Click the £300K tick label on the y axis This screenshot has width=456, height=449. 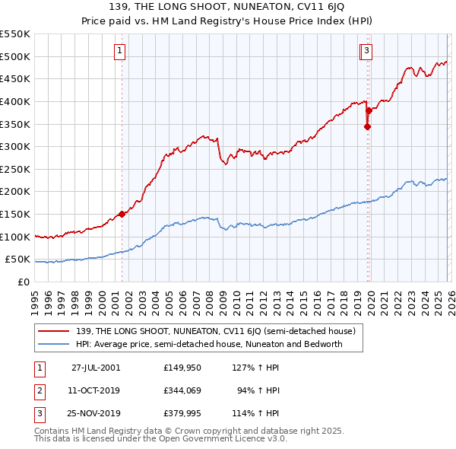(x=15, y=146)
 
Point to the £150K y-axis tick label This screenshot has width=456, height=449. (x=15, y=214)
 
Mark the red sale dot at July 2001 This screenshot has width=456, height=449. (x=122, y=214)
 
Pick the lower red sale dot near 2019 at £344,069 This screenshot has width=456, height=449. (x=367, y=126)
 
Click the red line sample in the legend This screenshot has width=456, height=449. (x=54, y=331)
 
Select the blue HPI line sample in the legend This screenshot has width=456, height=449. (x=54, y=344)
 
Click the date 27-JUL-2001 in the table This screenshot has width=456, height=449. (x=95, y=367)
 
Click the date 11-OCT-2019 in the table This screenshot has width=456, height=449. (x=95, y=390)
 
